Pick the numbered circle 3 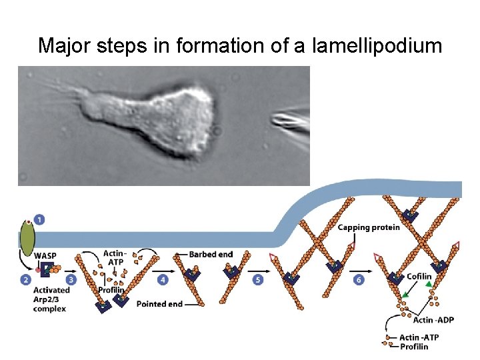point(71,280)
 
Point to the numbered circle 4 point(163,280)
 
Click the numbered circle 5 point(258,280)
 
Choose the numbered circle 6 point(359,280)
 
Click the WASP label point(45,255)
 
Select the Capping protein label point(369,228)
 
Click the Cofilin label point(419,277)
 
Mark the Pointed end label point(159,304)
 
